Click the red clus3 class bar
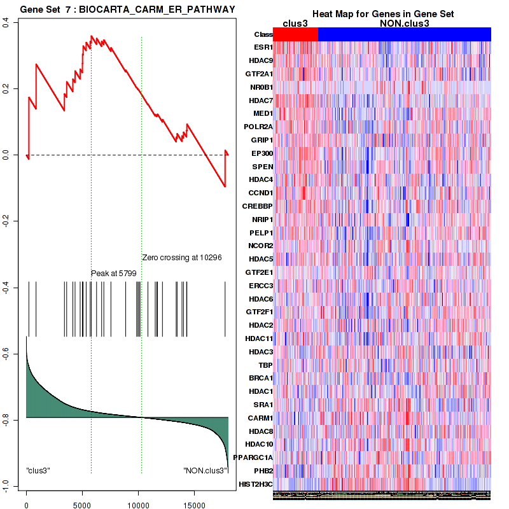(x=295, y=34)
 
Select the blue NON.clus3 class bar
(x=404, y=34)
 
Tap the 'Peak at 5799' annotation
(x=113, y=273)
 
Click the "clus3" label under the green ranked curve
(x=38, y=471)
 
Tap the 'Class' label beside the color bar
(x=263, y=34)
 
